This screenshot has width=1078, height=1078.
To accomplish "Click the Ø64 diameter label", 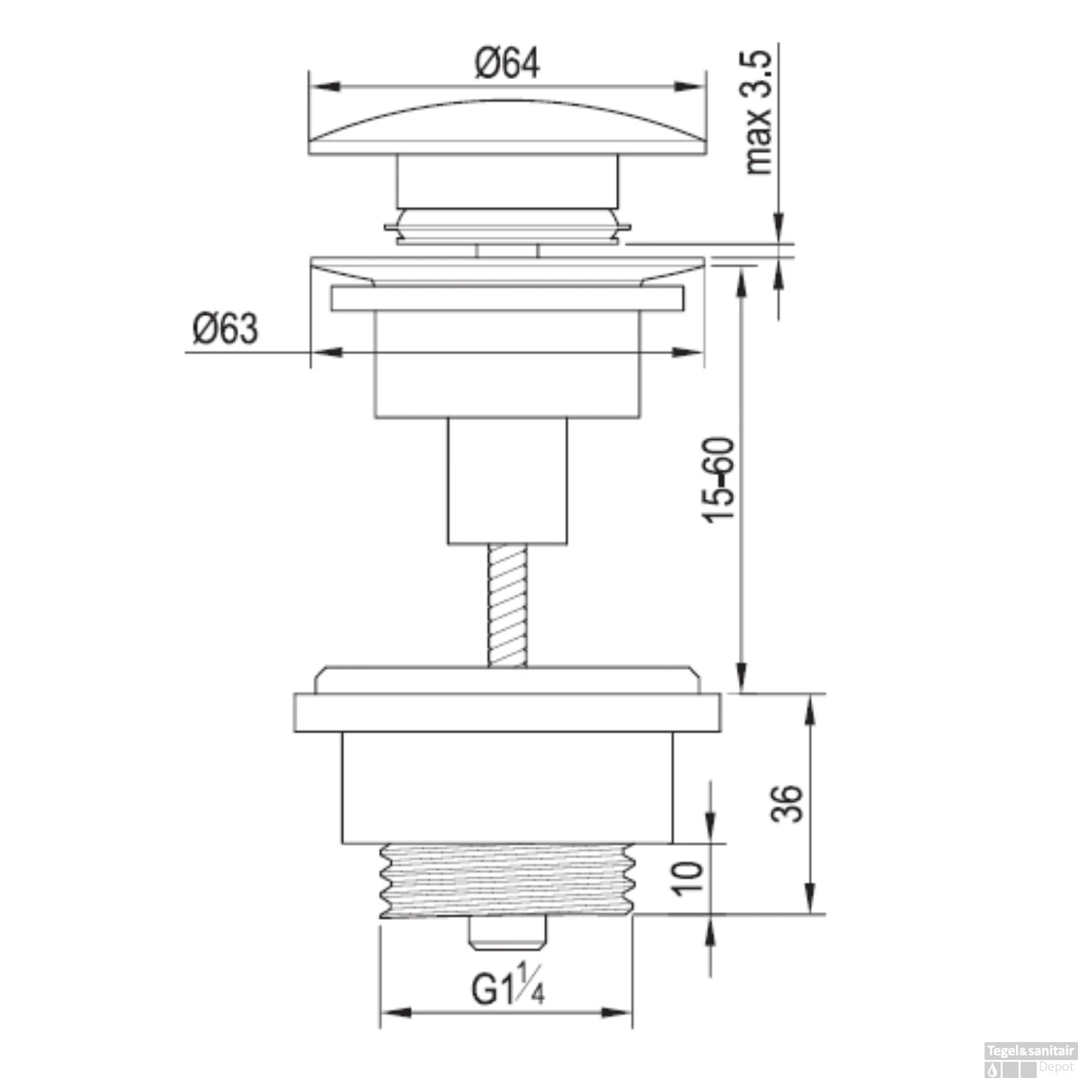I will pos(507,63).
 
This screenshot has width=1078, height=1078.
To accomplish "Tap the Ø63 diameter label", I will pos(225,329).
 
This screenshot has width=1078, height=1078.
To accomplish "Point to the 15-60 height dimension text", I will pos(719,479).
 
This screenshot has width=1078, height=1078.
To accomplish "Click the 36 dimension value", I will pos(786,803).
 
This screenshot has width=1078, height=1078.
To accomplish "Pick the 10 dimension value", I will pos(688,877).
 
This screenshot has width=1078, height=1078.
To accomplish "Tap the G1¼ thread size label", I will pos(507,989).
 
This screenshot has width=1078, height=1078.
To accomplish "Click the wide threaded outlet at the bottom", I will pos(507,880).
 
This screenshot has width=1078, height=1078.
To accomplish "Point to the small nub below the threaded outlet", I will pos(507,934).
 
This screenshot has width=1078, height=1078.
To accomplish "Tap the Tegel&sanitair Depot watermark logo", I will pos(1030,1059).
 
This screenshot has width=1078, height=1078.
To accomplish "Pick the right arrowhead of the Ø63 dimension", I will pos(691,352).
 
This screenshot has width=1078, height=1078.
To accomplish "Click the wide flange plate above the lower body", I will pos(507,712).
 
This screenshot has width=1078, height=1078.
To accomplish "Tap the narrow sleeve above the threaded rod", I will pos(507,480).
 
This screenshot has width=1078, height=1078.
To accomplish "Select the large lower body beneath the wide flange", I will pos(507,787).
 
